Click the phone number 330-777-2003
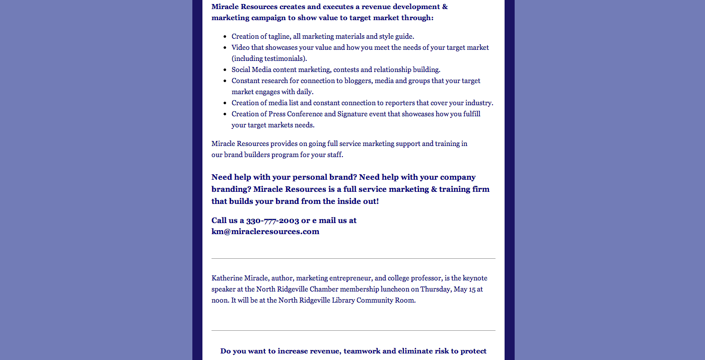tap(272, 221)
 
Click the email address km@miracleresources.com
tap(265, 232)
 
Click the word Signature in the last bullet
tap(356, 114)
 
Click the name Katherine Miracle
tap(240, 278)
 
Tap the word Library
tap(343, 300)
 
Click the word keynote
tap(475, 278)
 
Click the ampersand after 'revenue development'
tap(445, 7)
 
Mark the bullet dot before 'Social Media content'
tap(225, 69)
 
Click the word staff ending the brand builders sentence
tap(334, 155)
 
